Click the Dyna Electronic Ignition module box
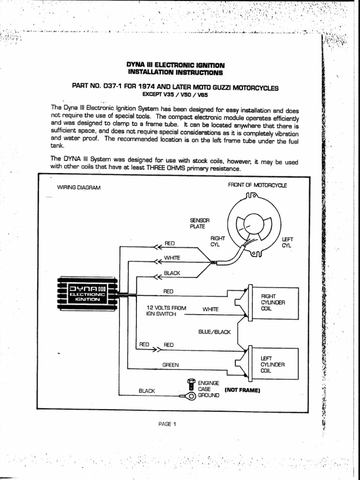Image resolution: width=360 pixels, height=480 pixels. (86, 294)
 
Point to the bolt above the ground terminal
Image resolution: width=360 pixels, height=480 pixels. (190, 383)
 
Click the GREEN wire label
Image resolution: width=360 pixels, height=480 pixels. (171, 364)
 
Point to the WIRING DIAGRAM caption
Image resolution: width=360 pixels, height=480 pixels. (78, 187)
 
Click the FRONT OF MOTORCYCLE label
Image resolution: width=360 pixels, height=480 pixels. (257, 185)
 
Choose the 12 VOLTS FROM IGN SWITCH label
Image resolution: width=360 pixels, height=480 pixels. (166, 311)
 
